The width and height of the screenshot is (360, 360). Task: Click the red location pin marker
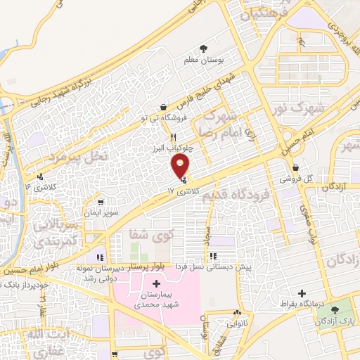[181, 167]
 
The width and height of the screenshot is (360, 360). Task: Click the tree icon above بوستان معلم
[204, 49]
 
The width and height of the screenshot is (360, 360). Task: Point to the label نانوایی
[238, 324]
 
